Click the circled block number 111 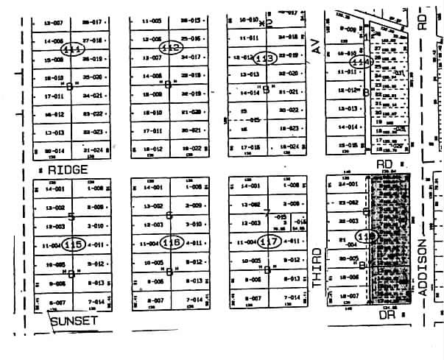point(73,49)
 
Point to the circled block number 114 point(360,63)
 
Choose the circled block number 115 point(73,244)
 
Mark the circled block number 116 point(172,243)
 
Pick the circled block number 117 point(270,241)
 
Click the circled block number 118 point(365,236)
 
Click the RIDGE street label point(68,169)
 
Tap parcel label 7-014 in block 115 point(95,302)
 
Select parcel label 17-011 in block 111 point(53,96)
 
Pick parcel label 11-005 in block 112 point(152,21)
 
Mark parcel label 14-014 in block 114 point(346,127)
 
